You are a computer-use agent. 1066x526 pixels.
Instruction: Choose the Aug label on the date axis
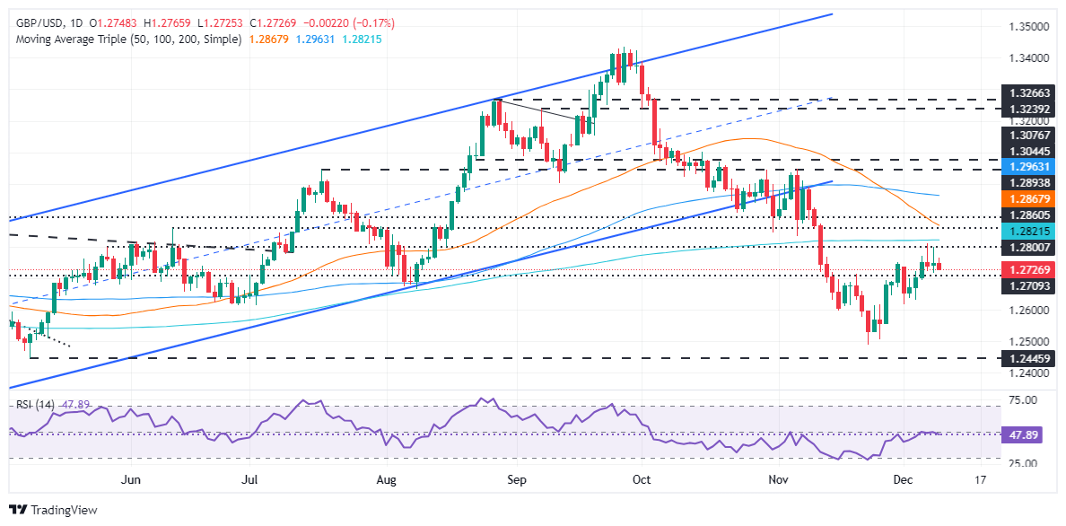386,480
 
